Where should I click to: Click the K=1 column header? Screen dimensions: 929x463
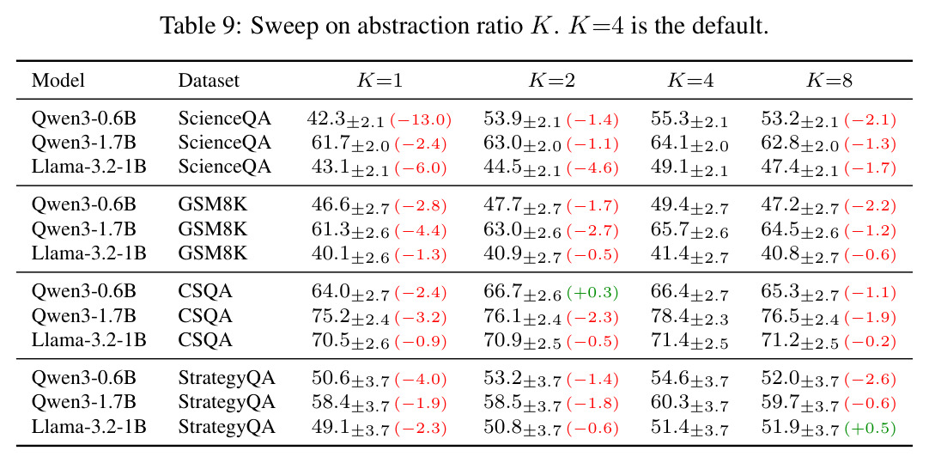click(x=379, y=80)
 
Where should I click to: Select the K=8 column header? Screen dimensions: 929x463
click(x=829, y=80)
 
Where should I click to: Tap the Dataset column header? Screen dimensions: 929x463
click(x=209, y=80)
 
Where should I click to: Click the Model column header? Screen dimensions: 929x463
click(x=58, y=80)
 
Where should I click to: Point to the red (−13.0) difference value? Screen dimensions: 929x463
click(x=421, y=119)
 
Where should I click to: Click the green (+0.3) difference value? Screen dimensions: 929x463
click(x=592, y=292)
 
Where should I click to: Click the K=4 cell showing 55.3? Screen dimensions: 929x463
click(x=689, y=119)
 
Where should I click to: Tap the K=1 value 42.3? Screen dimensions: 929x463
click(x=325, y=119)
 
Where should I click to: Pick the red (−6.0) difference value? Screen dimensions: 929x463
click(x=421, y=168)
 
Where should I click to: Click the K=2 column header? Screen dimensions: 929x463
click(x=551, y=80)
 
